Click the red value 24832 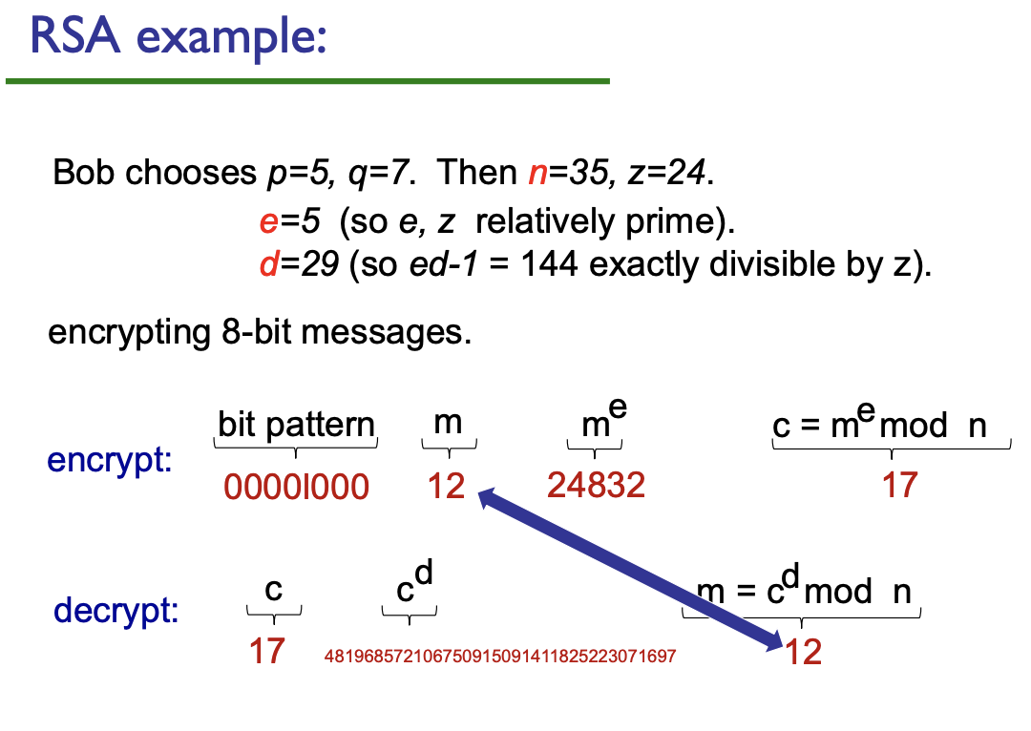click(596, 485)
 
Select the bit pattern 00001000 click(296, 487)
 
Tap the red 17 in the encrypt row click(899, 485)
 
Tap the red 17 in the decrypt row click(267, 652)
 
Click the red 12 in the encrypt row click(446, 486)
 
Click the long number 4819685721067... click(500, 657)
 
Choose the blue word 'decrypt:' click(116, 610)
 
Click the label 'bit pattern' click(296, 424)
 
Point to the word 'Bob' click(85, 173)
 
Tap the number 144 click(549, 265)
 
